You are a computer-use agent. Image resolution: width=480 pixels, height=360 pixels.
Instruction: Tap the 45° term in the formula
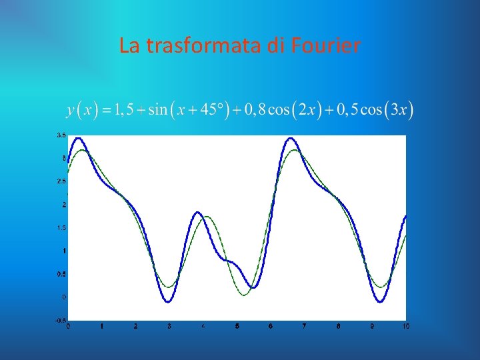[x=214, y=109]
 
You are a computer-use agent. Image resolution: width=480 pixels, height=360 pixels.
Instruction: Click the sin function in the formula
[x=158, y=109]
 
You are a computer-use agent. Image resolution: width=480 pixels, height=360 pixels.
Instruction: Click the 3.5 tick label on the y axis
[x=61, y=135]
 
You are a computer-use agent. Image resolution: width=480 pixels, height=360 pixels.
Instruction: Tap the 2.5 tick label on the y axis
[x=61, y=181]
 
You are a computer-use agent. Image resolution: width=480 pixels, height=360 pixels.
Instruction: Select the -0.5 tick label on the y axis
[x=60, y=320]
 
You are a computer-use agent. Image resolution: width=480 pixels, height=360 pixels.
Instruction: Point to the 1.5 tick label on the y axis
[x=61, y=227]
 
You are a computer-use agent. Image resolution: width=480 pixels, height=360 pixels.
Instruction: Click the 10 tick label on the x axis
[x=405, y=326]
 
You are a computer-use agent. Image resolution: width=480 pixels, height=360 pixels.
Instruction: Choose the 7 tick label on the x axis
[x=304, y=326]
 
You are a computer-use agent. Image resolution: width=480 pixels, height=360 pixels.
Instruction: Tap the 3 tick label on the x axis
[x=169, y=326]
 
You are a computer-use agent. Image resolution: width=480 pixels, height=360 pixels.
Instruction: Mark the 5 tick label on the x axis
[x=237, y=326]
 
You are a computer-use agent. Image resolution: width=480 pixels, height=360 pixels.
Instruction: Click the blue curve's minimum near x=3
[x=169, y=302]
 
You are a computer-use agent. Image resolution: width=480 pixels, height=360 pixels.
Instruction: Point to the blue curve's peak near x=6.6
[x=291, y=138]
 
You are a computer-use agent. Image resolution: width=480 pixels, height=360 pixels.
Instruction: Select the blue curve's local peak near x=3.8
[x=198, y=213]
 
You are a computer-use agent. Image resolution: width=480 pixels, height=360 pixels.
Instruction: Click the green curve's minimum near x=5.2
[x=244, y=295]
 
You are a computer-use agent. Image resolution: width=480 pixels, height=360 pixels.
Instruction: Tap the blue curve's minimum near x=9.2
[x=380, y=302]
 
